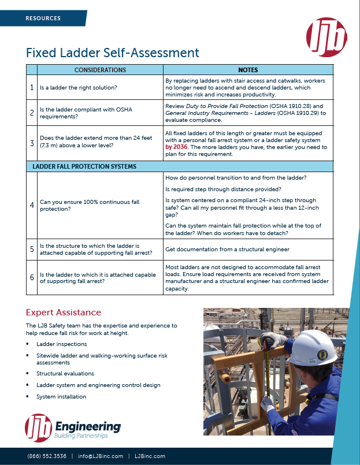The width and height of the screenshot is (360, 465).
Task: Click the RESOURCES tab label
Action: pyautogui.click(x=43, y=18)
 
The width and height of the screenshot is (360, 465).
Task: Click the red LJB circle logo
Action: pyautogui.click(x=326, y=37)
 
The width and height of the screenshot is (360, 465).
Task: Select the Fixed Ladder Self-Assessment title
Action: pyautogui.click(x=112, y=53)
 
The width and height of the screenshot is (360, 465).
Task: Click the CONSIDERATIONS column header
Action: pyautogui.click(x=100, y=70)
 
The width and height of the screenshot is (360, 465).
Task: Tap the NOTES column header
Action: pyautogui.click(x=248, y=70)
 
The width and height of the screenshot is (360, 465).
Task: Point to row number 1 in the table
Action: pyautogui.click(x=32, y=88)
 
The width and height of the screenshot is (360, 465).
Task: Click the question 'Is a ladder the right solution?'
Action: pyautogui.click(x=78, y=88)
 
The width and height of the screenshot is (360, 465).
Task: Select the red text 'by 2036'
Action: pyautogui.click(x=177, y=147)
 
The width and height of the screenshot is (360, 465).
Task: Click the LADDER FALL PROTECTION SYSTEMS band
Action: pyautogui.click(x=84, y=166)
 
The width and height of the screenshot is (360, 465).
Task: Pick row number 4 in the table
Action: pyautogui.click(x=32, y=205)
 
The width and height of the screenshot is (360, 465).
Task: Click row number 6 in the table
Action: pyautogui.click(x=32, y=277)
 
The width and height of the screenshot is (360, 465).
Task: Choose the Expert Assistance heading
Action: pyautogui.click(x=64, y=313)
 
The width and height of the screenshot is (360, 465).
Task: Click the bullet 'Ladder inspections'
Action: pyautogui.click(x=61, y=344)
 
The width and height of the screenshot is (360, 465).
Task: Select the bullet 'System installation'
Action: pyautogui.click(x=61, y=397)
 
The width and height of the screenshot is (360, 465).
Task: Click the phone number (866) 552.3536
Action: pyautogui.click(x=46, y=456)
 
